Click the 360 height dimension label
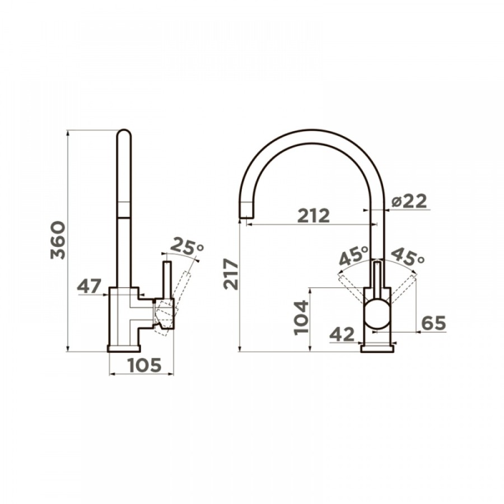58,240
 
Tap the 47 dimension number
90,286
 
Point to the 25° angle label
186,246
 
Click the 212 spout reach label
314,216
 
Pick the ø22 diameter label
409,202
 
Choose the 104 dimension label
301,318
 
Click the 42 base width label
342,334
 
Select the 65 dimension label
433,323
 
